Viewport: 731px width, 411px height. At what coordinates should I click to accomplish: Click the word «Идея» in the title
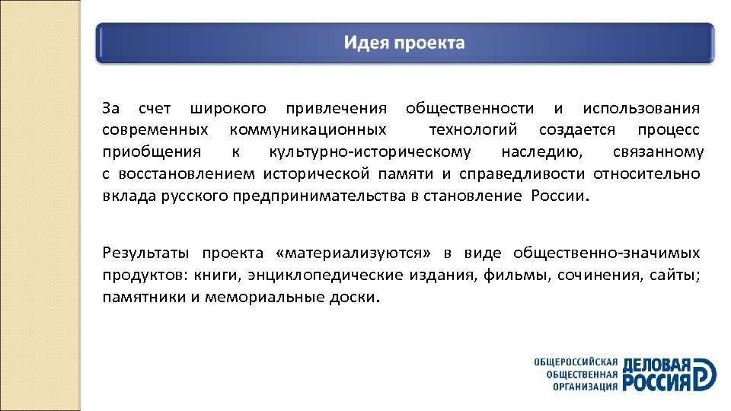click(x=366, y=42)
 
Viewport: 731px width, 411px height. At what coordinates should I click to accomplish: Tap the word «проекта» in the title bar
click(x=428, y=43)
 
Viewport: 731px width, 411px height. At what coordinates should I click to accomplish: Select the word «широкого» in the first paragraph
click(x=228, y=110)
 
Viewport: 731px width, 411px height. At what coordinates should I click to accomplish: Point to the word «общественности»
click(x=470, y=110)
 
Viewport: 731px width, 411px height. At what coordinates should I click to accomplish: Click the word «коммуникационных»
click(x=308, y=131)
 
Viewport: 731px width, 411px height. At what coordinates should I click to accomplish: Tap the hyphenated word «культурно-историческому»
click(x=370, y=152)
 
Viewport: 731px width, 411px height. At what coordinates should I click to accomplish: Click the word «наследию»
click(x=543, y=152)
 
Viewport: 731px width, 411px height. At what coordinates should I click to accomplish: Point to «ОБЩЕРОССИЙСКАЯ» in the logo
click(x=576, y=362)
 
